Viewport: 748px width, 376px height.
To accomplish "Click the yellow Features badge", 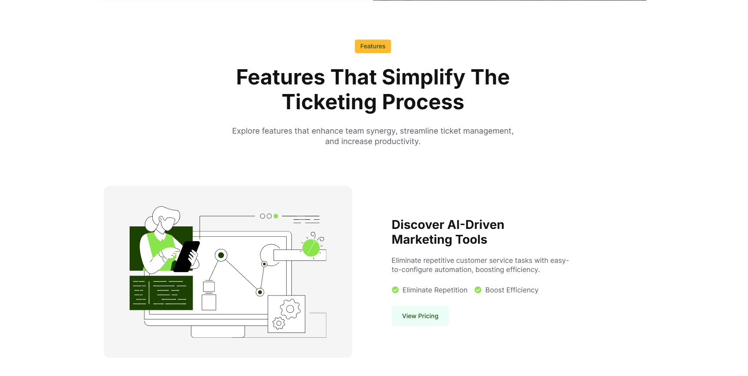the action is point(373,46).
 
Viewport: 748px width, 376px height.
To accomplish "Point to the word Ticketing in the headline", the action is point(329,103).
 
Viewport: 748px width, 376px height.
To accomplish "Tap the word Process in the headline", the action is point(423,102).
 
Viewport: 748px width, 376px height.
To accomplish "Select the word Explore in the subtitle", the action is point(246,131).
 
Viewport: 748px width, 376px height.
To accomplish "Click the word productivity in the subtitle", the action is point(397,141).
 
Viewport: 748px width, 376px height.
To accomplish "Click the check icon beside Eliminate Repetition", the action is point(395,290).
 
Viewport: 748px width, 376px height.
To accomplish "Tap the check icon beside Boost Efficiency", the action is point(478,290).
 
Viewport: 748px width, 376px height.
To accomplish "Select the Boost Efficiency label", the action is point(512,290).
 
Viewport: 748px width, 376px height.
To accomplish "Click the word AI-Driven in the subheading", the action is point(476,225).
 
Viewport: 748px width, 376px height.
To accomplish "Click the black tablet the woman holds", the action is point(187,256).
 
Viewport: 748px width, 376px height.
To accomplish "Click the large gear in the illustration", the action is point(290,309).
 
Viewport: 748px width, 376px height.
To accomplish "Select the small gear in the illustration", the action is point(279,323).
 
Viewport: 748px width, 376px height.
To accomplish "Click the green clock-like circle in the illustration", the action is point(311,248).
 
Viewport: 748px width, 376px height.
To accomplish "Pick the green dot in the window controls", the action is point(276,216).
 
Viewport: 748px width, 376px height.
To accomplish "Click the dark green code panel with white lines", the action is point(161,293).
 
